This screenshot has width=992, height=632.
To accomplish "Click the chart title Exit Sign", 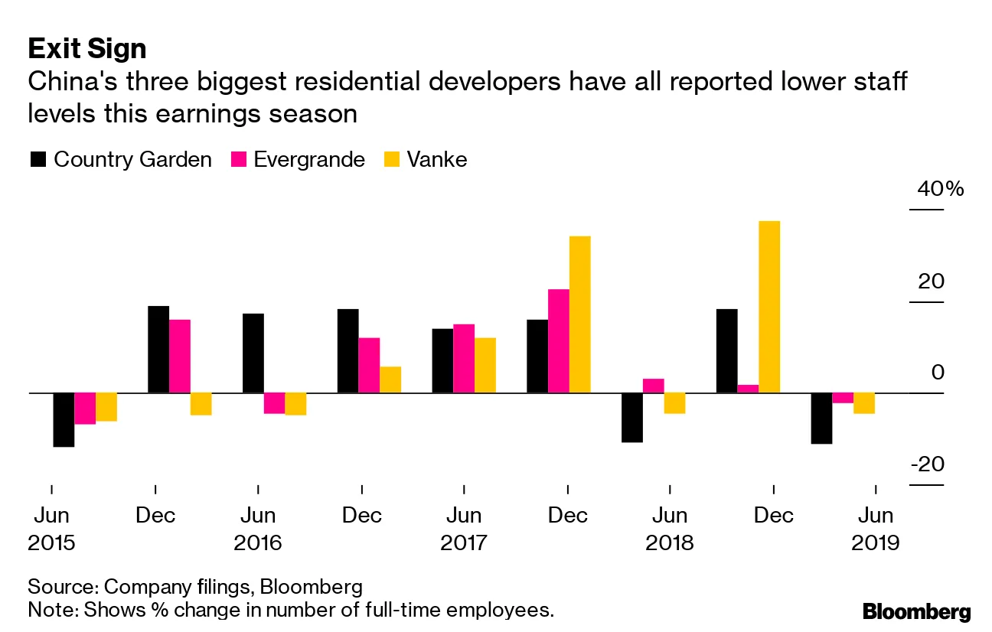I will (x=87, y=49).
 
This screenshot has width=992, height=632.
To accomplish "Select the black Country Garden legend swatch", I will (x=38, y=159).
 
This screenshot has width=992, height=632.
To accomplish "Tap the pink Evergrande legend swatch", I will (x=238, y=159).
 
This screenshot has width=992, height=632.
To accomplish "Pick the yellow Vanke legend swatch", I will (x=391, y=159).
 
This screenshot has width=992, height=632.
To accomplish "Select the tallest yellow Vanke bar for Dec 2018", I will (x=769, y=307).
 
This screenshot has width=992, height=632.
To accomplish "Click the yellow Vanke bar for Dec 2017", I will (x=579, y=314).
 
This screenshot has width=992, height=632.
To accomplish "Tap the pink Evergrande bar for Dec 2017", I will (x=559, y=341).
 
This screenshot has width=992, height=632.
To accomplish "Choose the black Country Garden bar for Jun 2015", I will (x=64, y=419).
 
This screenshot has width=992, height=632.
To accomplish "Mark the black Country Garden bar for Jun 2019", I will (x=821, y=418).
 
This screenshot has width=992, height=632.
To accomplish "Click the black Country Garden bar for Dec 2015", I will (x=158, y=350).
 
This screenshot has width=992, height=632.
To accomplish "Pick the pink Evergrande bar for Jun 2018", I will (x=654, y=386).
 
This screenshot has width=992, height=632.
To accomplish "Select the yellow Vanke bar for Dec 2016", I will (x=390, y=380).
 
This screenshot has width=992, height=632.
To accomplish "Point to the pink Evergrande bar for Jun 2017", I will (x=464, y=359).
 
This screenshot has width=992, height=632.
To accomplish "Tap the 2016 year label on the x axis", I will (x=258, y=543).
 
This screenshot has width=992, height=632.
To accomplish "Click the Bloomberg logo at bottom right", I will (x=916, y=611).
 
